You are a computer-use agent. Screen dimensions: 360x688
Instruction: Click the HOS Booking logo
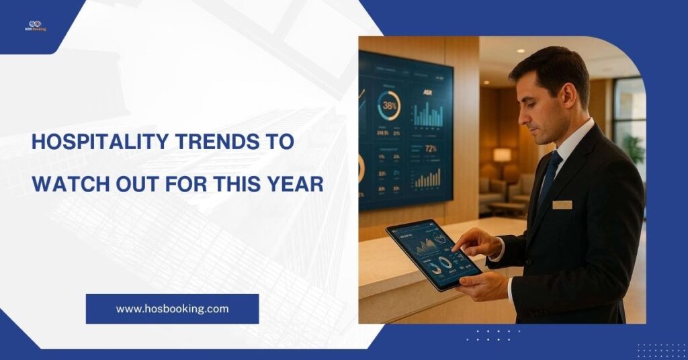point(36,26)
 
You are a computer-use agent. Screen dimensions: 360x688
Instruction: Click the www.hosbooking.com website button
point(172,309)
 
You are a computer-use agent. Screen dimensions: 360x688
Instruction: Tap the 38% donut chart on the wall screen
point(389,105)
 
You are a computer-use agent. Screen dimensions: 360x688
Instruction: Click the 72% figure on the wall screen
point(431,148)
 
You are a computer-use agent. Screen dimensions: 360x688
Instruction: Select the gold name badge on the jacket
point(562,204)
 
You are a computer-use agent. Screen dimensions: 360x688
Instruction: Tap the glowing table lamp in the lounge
point(502,155)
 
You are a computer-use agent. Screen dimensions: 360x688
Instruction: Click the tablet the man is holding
point(433,254)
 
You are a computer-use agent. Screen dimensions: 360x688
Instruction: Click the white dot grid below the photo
point(493,335)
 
